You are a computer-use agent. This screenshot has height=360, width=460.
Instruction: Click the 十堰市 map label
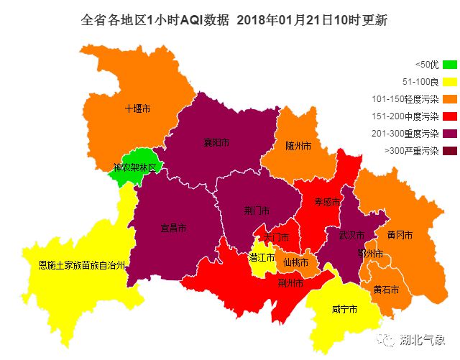tap(137, 109)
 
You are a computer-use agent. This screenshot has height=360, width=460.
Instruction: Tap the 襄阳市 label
tap(216, 143)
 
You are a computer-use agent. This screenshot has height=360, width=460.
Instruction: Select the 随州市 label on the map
tap(298, 146)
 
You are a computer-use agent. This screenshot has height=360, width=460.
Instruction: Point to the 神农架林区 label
tap(139, 167)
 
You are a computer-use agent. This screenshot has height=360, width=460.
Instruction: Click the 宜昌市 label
tap(173, 228)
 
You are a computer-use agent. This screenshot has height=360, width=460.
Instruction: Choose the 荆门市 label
tap(257, 211)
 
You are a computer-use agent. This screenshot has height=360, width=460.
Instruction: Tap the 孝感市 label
tap(326, 203)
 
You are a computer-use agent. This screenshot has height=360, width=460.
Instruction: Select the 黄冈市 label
tap(399, 235)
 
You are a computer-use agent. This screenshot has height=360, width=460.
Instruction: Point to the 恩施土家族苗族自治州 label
tap(82, 264)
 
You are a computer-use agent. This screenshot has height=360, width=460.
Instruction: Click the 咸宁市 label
tap(344, 310)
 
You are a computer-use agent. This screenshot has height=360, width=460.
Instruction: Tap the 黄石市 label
tap(386, 289)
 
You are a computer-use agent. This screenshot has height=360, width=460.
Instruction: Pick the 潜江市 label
tap(262, 257)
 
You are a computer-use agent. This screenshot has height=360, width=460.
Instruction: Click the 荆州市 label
tap(290, 283)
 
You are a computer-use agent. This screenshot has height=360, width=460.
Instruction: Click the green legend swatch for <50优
tap(450, 65)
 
